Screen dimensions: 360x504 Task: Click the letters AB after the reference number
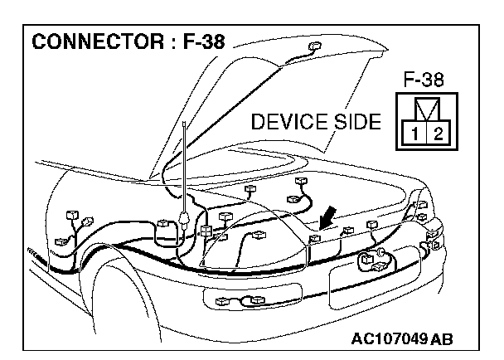tap(443, 340)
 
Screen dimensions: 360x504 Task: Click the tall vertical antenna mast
tap(182, 166)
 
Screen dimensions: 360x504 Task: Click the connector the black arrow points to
tap(313, 239)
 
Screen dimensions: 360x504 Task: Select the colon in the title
tap(162, 41)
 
